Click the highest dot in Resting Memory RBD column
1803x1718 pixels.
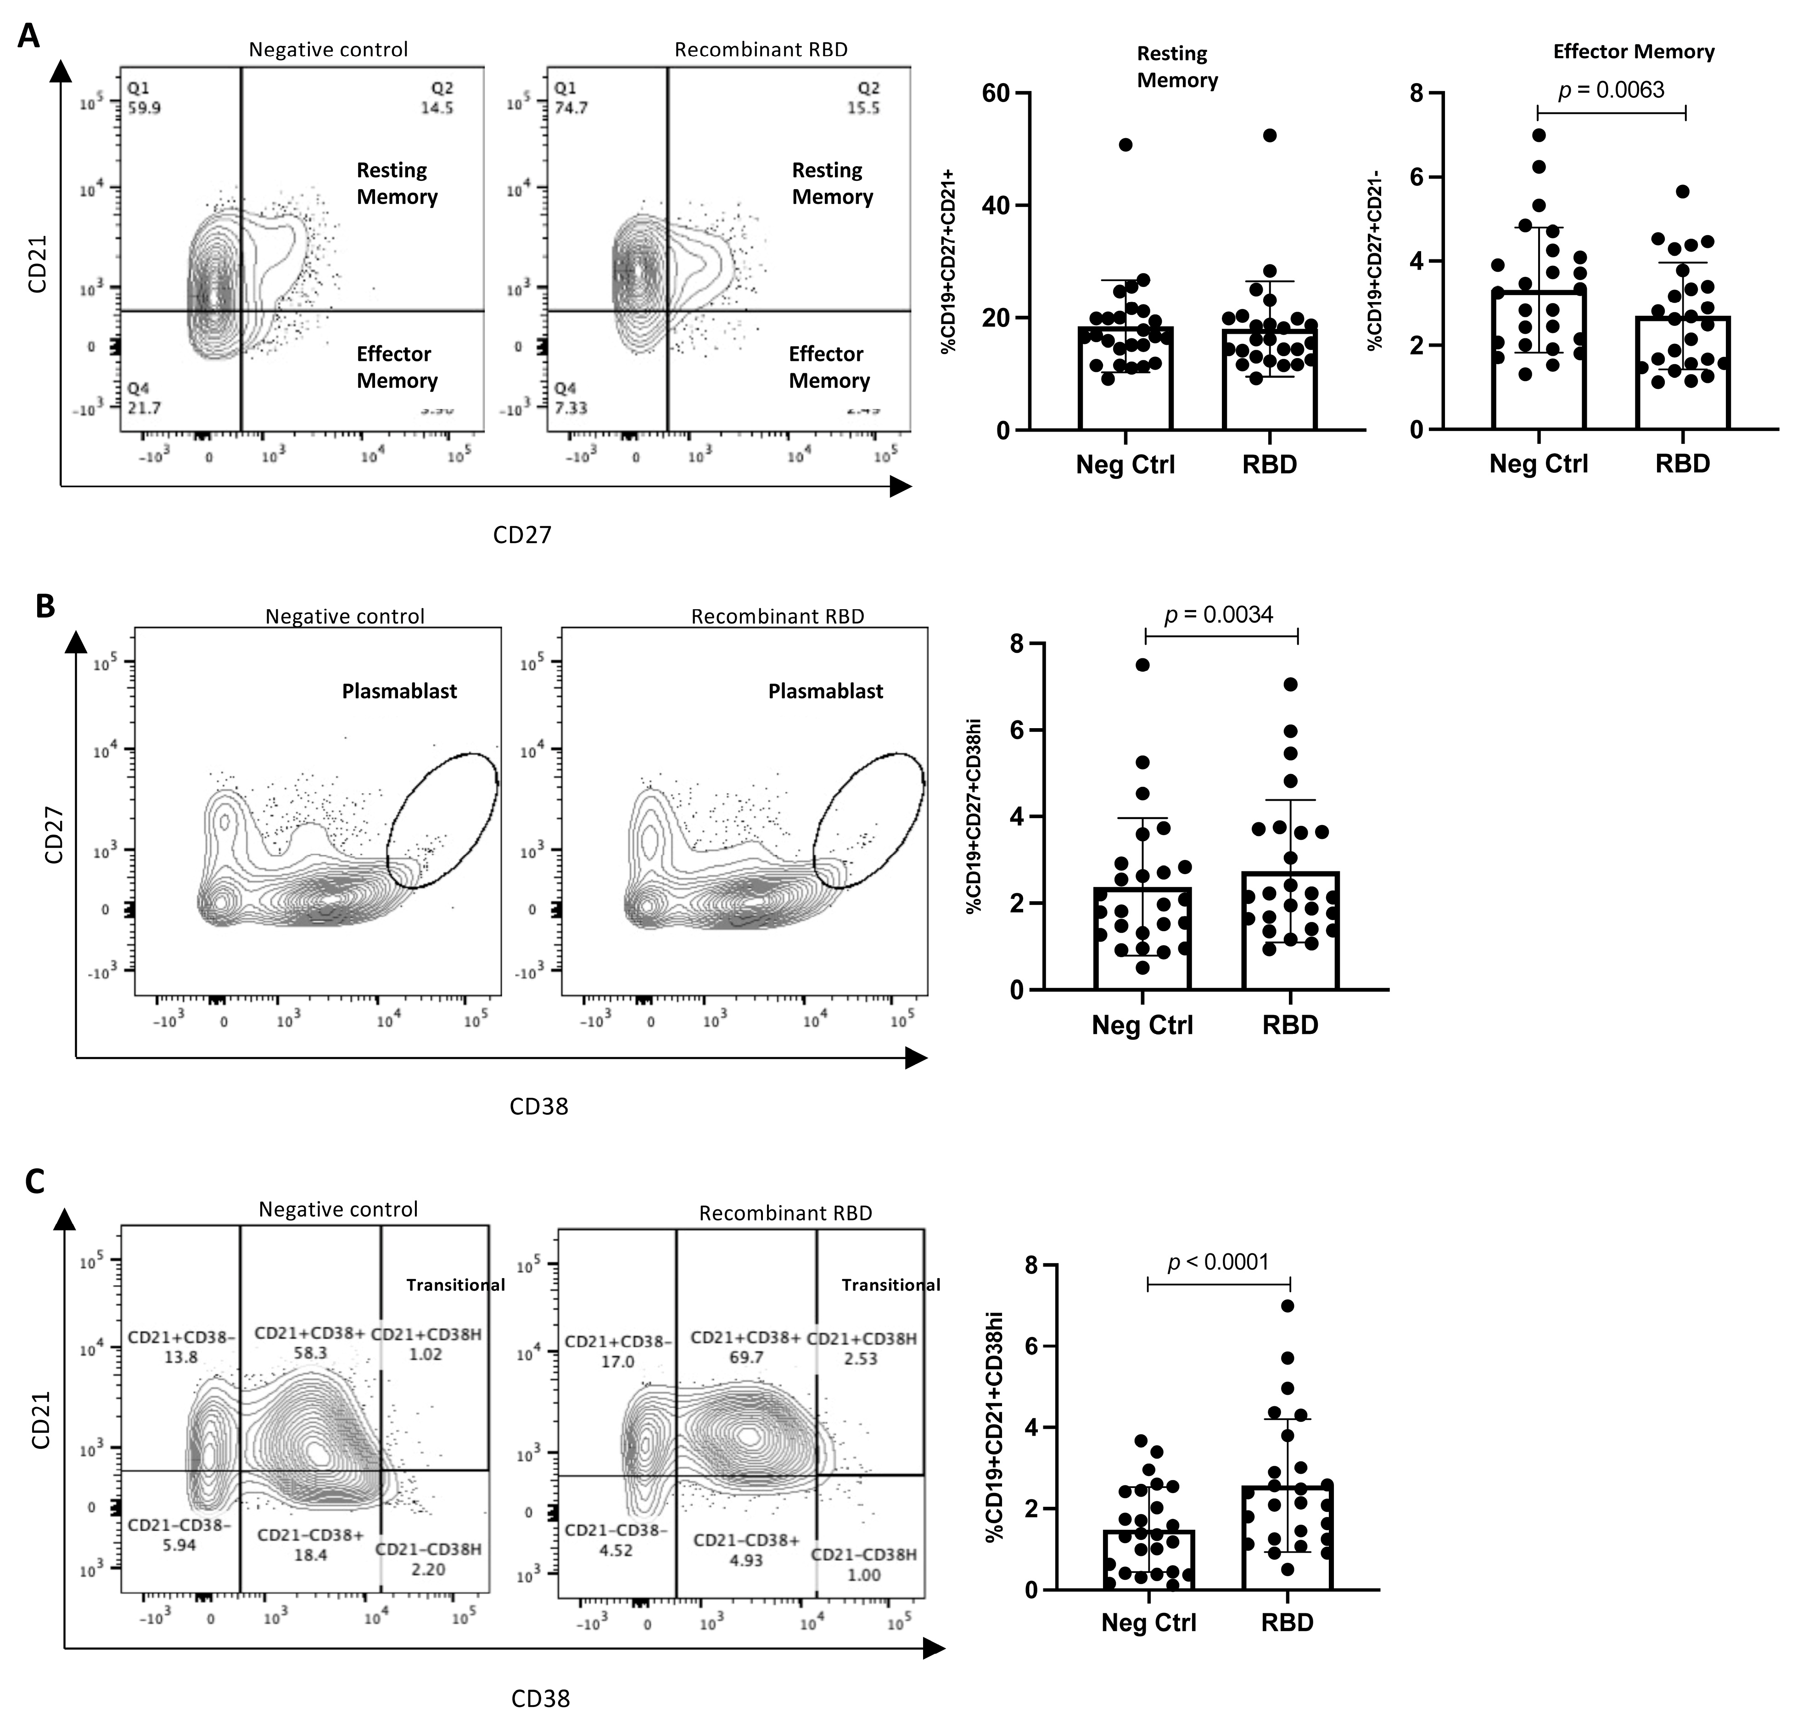click(1269, 135)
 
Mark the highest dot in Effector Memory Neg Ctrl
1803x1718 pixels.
click(1539, 135)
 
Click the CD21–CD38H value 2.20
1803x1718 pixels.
click(428, 1569)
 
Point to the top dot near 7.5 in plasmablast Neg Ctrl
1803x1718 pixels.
click(1143, 665)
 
